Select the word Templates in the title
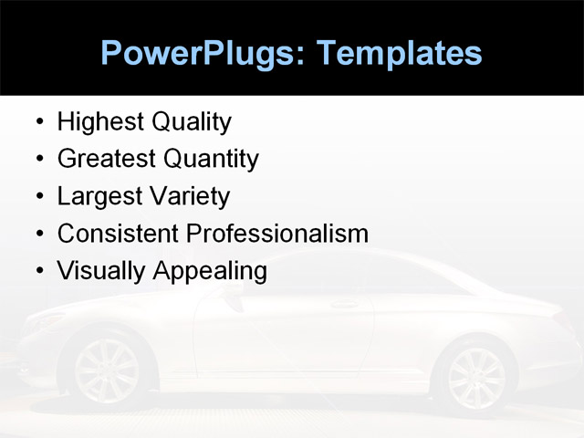point(399,53)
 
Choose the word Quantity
point(211,160)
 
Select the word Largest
point(99,197)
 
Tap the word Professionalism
point(277,234)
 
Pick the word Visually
point(101,272)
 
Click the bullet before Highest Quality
point(38,122)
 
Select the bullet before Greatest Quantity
point(38,160)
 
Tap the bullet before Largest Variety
point(38,197)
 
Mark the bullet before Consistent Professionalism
point(38,235)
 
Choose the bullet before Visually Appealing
point(38,272)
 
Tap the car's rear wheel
point(475,377)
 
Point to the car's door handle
point(344,305)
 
